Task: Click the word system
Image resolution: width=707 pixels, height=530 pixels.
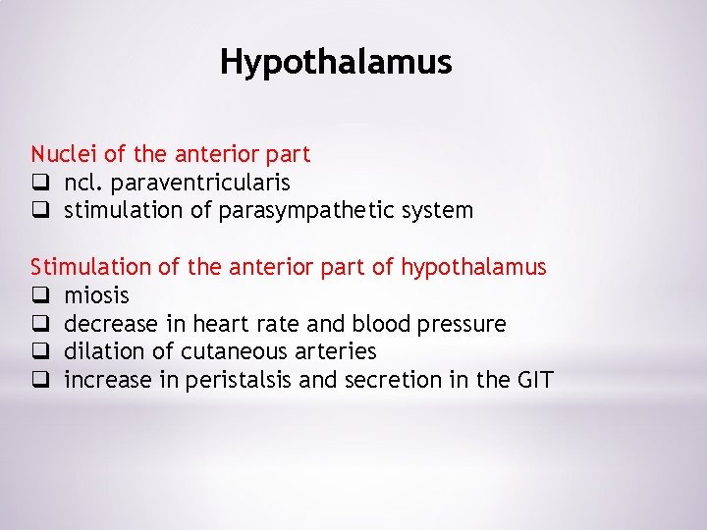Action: click(439, 211)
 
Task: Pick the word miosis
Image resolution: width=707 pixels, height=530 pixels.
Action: click(96, 295)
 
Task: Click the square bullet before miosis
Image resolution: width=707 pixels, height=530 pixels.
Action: click(39, 295)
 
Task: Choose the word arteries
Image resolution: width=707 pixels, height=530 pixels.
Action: click(337, 351)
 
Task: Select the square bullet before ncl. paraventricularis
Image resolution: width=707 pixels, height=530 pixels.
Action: click(39, 183)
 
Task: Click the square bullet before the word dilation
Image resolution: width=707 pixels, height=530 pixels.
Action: click(39, 351)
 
